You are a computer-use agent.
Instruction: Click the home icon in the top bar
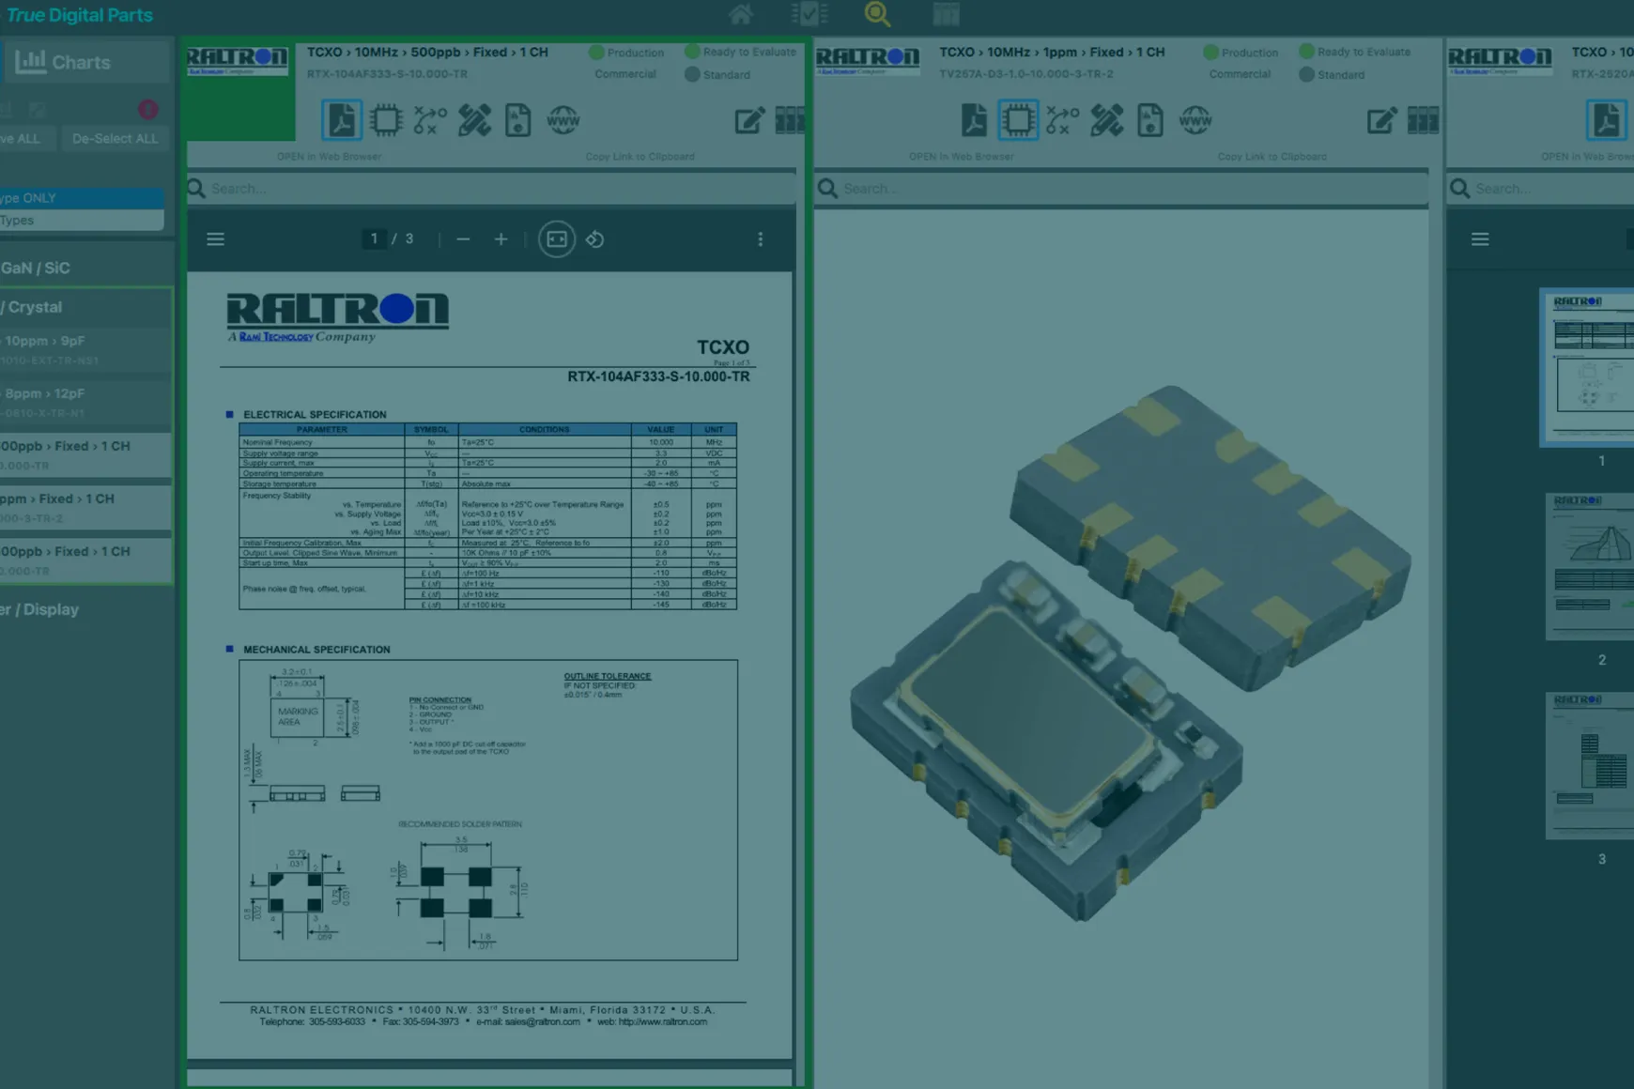(741, 14)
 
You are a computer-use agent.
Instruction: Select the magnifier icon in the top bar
(877, 14)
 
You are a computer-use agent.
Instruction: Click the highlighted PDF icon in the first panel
(341, 120)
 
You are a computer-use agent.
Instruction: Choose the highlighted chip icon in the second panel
(1018, 120)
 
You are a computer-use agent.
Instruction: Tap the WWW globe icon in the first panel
(563, 120)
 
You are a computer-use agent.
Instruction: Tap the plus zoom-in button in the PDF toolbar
(501, 239)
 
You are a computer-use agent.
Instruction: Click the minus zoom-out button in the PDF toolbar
(463, 239)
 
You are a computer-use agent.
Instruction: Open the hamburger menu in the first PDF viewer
(215, 239)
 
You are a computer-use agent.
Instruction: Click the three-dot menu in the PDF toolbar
(760, 239)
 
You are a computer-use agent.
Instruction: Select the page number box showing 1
(374, 239)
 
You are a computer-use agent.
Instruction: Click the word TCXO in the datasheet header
(722, 347)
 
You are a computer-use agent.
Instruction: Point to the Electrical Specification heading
(314, 414)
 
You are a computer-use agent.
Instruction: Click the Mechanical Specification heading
(316, 650)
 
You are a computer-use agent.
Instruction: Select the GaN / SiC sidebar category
(38, 268)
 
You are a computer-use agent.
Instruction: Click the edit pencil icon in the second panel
(1380, 120)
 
